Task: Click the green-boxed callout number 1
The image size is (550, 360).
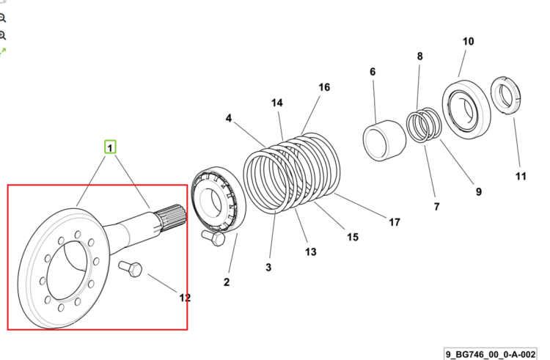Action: pos(110,147)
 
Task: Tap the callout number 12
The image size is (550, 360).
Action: pos(185,298)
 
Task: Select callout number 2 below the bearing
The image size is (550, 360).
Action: pos(227,282)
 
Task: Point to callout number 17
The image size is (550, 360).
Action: pos(395,222)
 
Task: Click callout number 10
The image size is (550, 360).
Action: pos(468,41)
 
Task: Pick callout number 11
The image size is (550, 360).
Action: pos(521,176)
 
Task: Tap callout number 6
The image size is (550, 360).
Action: pos(373,72)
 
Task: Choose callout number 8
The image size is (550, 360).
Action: pos(420,56)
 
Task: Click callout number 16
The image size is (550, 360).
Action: pos(324,87)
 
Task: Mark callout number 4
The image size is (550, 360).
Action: pos(228,118)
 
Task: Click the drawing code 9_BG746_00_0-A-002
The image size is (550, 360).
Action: pos(491,354)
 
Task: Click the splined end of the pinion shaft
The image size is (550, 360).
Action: pos(172,216)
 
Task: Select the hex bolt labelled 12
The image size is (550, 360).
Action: pos(131,269)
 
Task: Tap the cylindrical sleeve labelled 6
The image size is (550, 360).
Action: pos(384,141)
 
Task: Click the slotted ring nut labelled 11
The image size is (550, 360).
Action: pos(505,94)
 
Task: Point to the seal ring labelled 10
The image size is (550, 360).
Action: pos(466,106)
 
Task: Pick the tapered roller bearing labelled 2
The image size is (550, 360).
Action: pos(219,199)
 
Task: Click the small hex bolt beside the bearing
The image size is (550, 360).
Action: pos(213,238)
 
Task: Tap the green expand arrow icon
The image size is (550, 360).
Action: pos(3,52)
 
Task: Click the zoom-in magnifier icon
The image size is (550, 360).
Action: pos(2,35)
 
